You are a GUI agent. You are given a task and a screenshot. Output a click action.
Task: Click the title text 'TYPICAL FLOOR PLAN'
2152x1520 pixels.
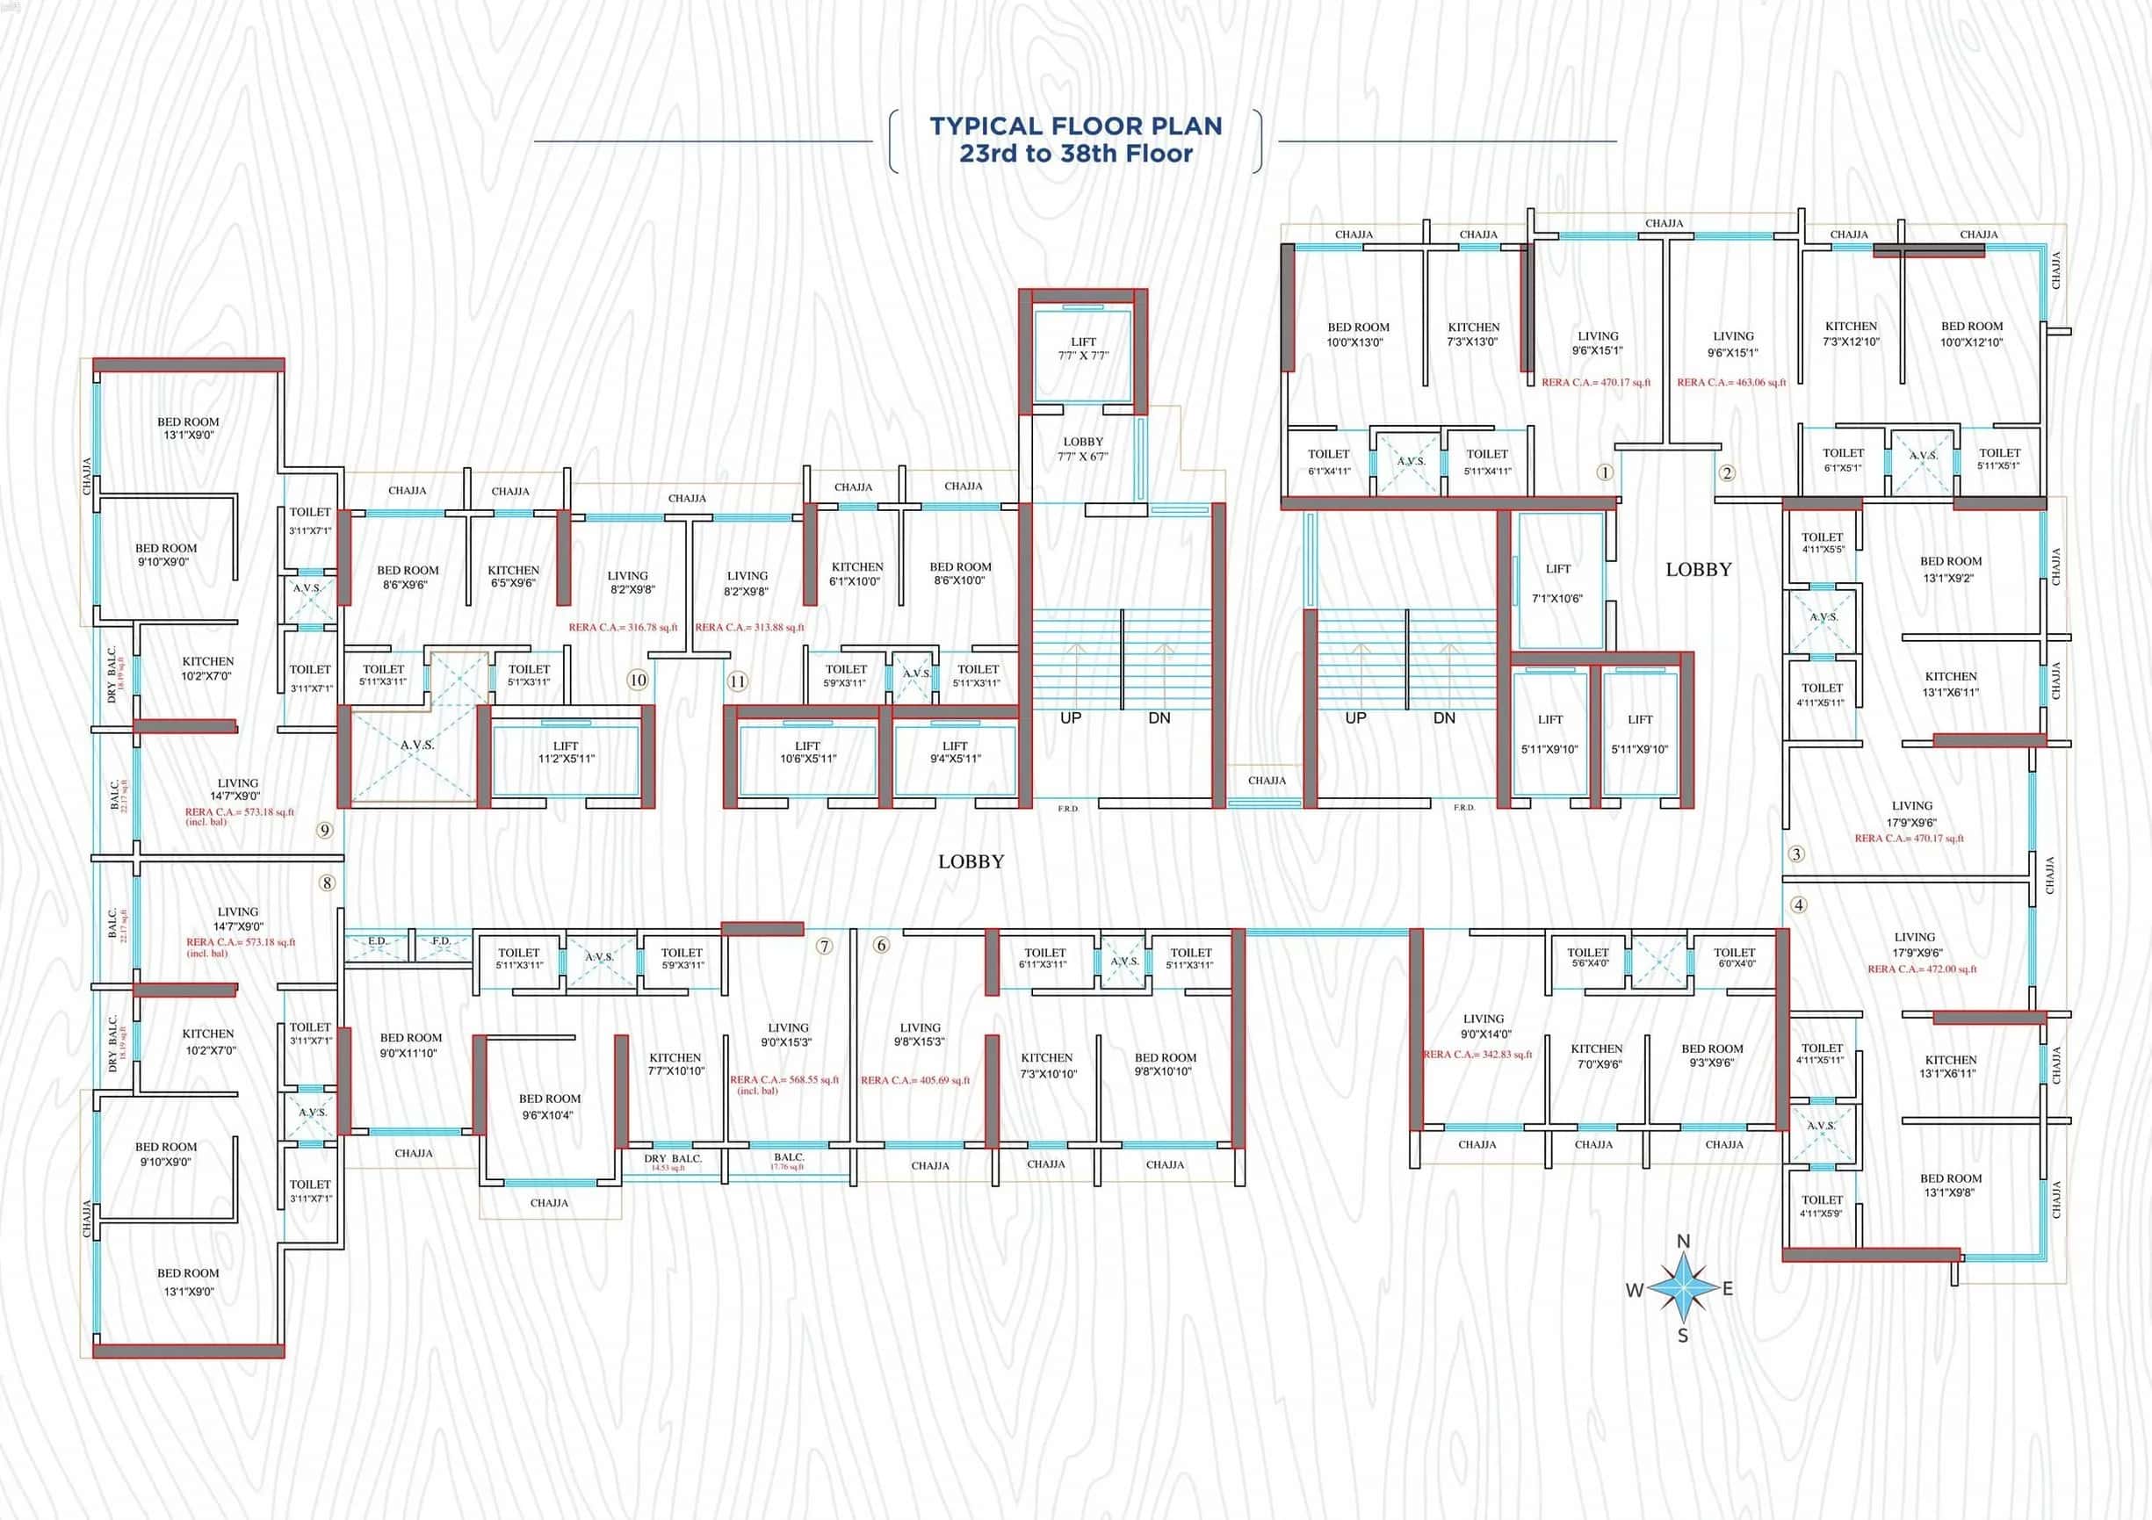(1075, 126)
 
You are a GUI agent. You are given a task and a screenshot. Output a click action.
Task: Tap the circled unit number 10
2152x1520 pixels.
(638, 681)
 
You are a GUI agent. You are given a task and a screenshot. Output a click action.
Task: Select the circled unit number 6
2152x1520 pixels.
(881, 945)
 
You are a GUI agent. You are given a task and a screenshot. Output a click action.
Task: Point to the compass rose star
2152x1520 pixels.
(1682, 1288)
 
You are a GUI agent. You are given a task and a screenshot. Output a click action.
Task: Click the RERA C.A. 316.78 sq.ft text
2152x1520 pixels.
(623, 628)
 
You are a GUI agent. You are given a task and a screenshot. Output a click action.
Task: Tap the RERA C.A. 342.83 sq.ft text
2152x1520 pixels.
(1477, 1055)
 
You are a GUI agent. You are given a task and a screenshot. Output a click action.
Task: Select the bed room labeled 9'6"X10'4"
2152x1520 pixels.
(549, 1106)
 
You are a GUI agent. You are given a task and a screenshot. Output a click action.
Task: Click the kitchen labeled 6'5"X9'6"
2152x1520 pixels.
(513, 576)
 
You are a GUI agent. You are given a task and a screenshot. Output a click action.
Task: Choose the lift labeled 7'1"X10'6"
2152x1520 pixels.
(1556, 583)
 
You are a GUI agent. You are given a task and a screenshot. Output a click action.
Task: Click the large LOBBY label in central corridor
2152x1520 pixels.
(971, 861)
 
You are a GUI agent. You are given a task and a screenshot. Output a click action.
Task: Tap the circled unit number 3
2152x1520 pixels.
(1796, 854)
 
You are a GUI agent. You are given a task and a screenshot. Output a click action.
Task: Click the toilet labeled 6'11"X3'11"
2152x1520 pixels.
(1044, 958)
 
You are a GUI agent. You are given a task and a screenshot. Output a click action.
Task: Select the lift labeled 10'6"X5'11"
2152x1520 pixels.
(807, 753)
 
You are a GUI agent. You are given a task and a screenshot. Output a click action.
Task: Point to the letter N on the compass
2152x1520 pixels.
(1682, 1242)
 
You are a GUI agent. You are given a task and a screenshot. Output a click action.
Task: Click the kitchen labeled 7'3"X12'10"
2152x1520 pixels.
(1850, 334)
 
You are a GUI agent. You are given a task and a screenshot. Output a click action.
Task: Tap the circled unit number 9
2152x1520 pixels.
(324, 829)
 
